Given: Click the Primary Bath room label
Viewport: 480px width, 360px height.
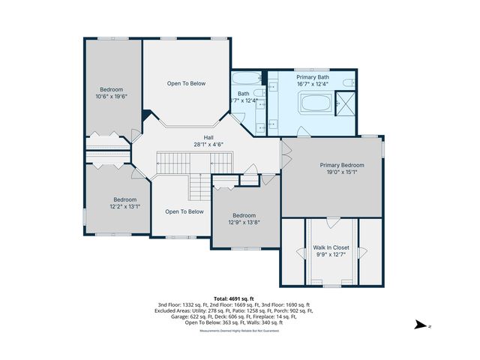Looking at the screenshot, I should tap(312, 77).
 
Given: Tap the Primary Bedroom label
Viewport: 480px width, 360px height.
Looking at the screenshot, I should tap(342, 165).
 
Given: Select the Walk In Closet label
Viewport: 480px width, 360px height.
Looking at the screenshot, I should tap(331, 246).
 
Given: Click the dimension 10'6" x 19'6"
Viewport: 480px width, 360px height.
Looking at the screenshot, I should tap(112, 97).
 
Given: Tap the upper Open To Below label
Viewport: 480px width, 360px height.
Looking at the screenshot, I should tap(186, 83).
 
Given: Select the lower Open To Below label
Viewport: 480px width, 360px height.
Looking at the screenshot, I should tap(184, 211).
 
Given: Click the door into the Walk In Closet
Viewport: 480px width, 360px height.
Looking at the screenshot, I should tap(331, 222).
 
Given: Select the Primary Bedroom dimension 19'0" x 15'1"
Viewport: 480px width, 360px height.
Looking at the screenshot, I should tap(342, 172).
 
